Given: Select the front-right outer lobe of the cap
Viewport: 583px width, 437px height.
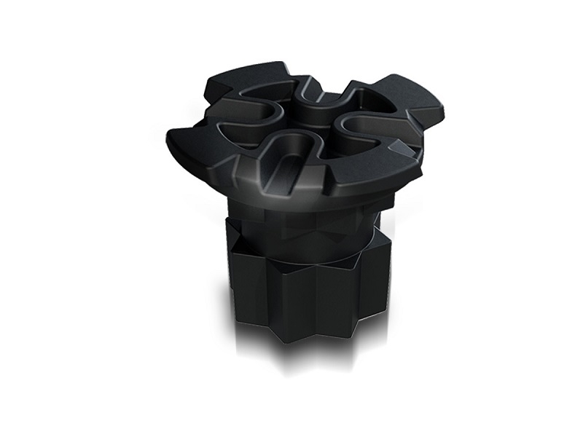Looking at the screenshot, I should [x=379, y=171].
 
